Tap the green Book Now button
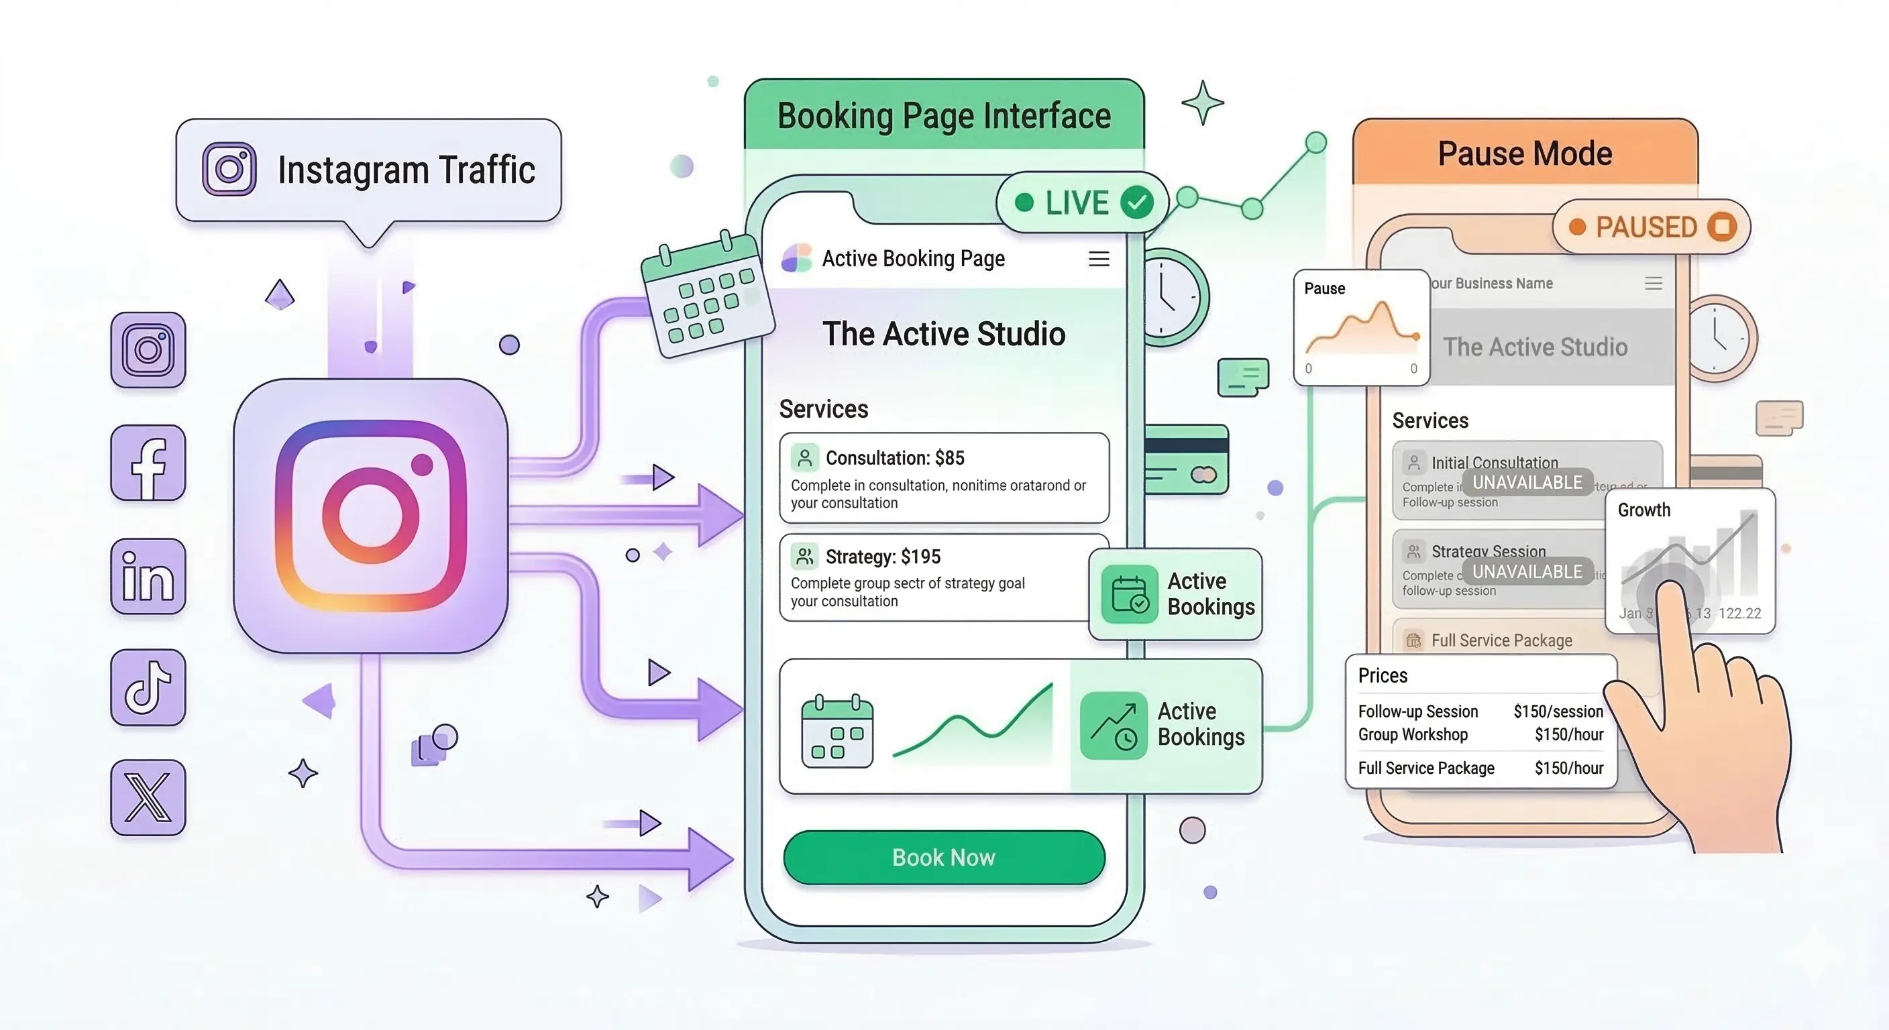(944, 857)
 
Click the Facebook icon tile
(148, 463)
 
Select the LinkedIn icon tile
(148, 576)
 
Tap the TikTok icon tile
(148, 687)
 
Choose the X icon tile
(148, 797)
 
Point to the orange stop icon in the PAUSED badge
(1722, 227)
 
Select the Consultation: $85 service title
(895, 458)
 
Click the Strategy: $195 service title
(883, 557)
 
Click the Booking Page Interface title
(944, 116)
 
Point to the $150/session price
(1558, 711)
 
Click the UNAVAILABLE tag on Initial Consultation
(1527, 482)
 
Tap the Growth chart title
(1644, 510)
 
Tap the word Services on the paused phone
(1430, 421)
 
